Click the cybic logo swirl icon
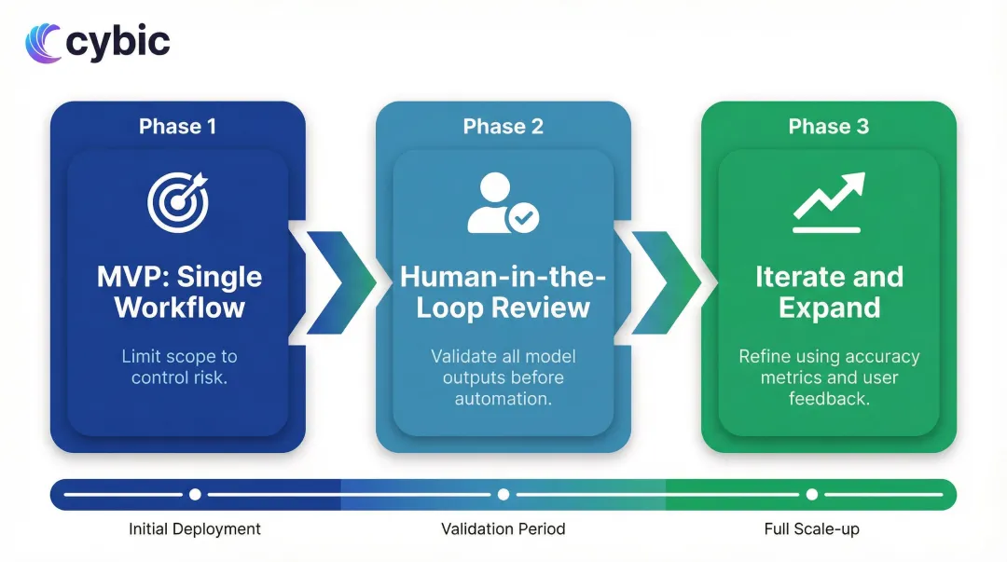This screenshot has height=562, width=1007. click(43, 44)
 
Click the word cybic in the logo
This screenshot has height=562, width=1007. click(118, 43)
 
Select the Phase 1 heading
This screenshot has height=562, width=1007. click(177, 127)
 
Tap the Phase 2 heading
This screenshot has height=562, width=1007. click(503, 127)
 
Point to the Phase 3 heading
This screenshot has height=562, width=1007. click(828, 127)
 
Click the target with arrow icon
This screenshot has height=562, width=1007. click(177, 202)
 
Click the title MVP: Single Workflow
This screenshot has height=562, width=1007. click(179, 292)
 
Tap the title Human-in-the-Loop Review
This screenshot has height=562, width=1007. click(504, 292)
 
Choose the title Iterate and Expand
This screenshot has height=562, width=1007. click(829, 292)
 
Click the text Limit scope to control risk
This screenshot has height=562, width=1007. click(179, 366)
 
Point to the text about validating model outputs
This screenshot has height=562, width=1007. click(504, 377)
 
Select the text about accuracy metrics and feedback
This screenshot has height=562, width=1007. click(829, 377)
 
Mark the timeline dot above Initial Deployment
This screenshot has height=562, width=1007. click(195, 494)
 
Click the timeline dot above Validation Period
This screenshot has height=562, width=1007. click(504, 494)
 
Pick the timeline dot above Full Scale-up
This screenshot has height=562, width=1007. click(812, 494)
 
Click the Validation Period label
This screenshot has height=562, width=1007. click(503, 529)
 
